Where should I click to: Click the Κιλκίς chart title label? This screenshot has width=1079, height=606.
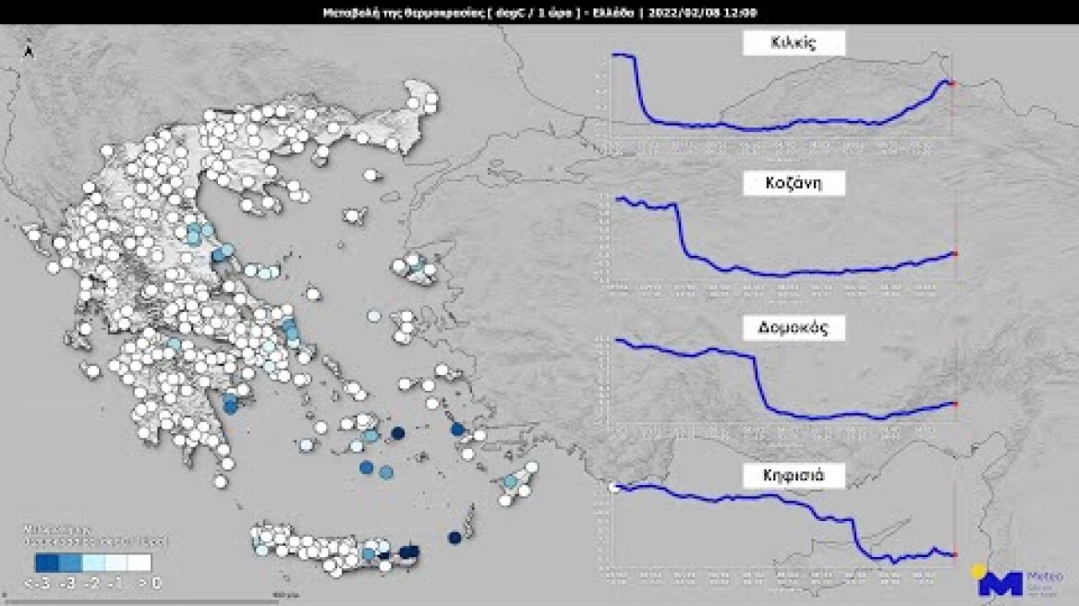pyautogui.click(x=794, y=42)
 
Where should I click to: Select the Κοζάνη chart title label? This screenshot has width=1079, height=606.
pyautogui.click(x=794, y=184)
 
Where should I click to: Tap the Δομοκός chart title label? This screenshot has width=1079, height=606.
pyautogui.click(x=794, y=329)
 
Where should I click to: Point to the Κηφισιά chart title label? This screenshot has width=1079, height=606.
pyautogui.click(x=794, y=477)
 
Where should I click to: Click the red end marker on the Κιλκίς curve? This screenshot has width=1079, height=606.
pyautogui.click(x=952, y=84)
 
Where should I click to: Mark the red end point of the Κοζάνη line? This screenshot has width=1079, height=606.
pyautogui.click(x=952, y=253)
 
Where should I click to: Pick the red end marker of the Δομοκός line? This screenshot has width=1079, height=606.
pyautogui.click(x=952, y=404)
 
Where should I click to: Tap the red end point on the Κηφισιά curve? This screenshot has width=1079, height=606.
pyautogui.click(x=952, y=554)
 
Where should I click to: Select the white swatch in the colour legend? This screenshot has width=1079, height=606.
pyautogui.click(x=139, y=562)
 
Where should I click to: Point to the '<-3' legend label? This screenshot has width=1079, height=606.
pyautogui.click(x=37, y=583)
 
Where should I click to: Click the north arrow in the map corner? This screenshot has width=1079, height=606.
pyautogui.click(x=30, y=51)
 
